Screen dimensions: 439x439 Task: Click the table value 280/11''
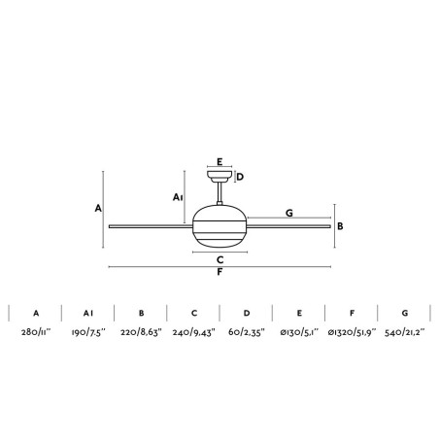(36, 332)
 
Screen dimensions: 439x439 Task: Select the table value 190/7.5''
(88, 332)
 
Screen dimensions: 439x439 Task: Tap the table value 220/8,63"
(141, 332)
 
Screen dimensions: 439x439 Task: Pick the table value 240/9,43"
(194, 332)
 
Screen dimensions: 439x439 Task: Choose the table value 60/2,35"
(247, 332)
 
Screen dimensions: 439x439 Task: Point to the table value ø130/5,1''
(299, 332)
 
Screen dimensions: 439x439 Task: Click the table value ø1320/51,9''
(352, 332)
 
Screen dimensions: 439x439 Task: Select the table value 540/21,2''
(404, 332)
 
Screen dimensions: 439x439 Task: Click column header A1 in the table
(88, 313)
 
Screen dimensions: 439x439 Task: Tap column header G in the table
(405, 313)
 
